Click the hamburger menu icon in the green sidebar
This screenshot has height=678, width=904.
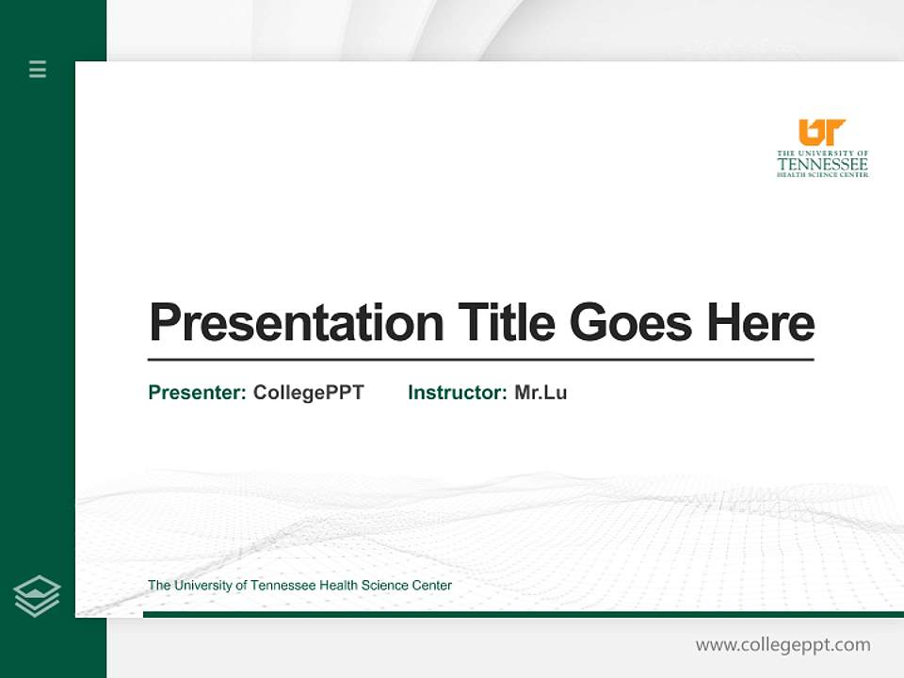click(x=38, y=69)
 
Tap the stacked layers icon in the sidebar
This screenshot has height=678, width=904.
click(x=37, y=595)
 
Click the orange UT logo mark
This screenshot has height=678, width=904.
click(x=821, y=132)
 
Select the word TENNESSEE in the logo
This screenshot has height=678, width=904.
click(x=822, y=163)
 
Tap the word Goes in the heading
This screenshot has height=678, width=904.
click(x=632, y=323)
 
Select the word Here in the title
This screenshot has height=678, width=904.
click(x=761, y=323)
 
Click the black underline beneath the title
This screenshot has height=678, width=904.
click(x=480, y=359)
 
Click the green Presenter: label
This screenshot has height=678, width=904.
click(x=197, y=393)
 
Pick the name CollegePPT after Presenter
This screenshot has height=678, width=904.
click(x=308, y=393)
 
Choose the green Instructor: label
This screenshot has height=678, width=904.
click(x=458, y=393)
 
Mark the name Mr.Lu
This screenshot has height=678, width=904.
click(x=541, y=393)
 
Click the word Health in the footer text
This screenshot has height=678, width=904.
click(x=341, y=586)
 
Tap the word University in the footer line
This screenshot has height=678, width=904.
click(x=203, y=586)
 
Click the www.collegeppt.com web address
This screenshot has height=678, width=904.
click(x=783, y=645)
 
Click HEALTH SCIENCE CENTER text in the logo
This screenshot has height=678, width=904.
click(x=822, y=174)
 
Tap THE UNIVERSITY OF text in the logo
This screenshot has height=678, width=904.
click(x=822, y=153)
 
